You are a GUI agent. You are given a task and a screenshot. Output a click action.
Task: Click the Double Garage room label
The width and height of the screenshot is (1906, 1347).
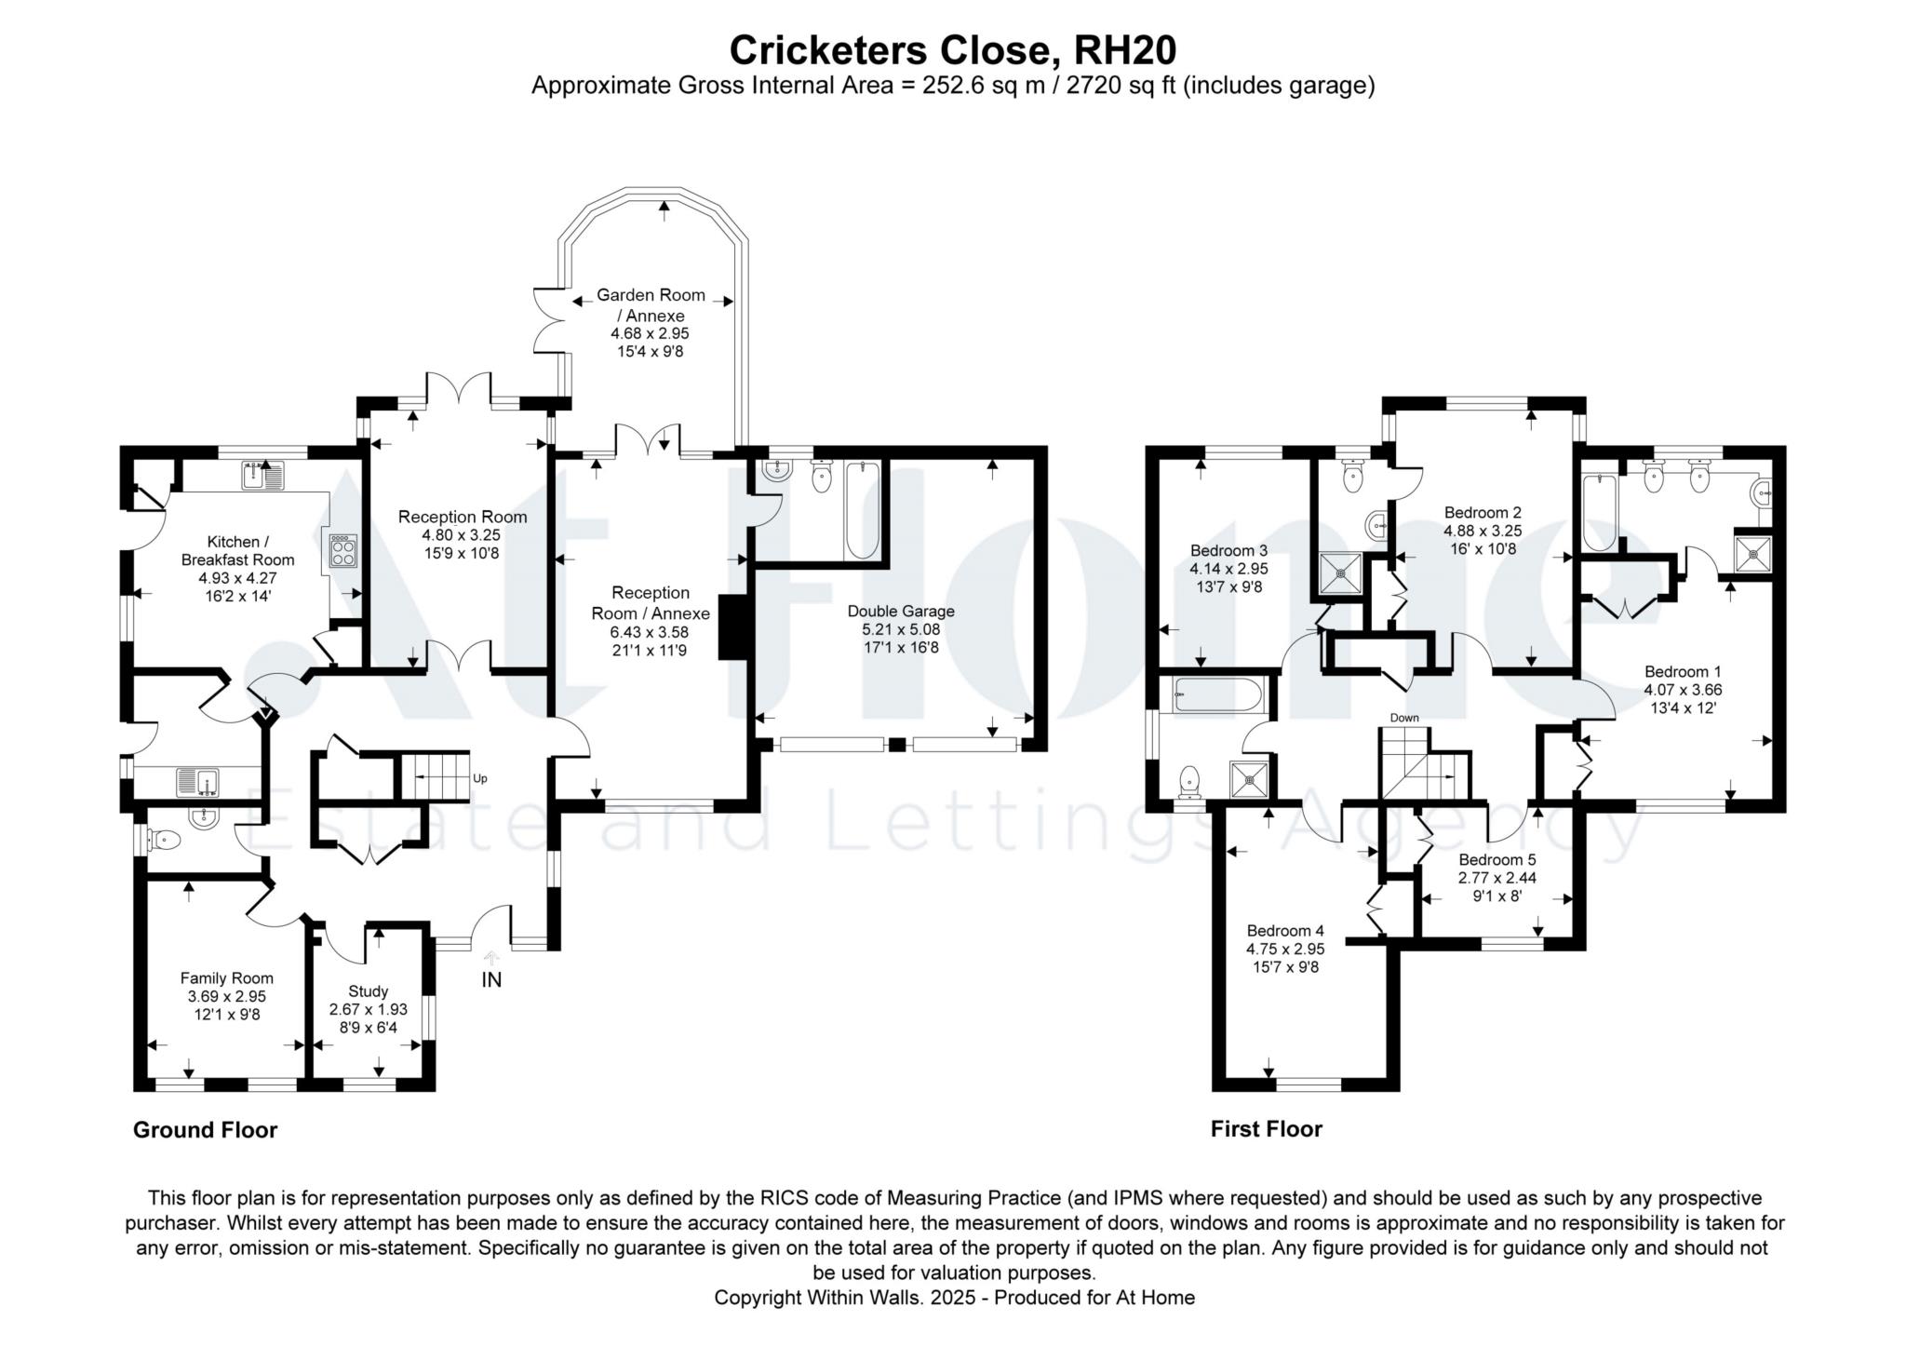[x=900, y=612]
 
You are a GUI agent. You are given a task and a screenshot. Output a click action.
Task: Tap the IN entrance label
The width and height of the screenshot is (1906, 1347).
[x=491, y=979]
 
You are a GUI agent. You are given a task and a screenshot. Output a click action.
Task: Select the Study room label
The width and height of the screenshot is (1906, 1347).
[x=368, y=990]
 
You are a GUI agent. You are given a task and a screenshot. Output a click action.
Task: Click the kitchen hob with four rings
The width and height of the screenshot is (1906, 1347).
[x=342, y=549]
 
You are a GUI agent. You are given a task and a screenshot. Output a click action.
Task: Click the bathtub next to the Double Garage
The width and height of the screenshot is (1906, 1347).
[x=863, y=511]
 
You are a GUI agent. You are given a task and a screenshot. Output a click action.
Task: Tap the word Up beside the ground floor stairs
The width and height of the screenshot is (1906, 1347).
[x=480, y=778]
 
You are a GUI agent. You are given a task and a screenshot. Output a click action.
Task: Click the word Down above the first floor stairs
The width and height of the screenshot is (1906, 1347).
[x=1404, y=718]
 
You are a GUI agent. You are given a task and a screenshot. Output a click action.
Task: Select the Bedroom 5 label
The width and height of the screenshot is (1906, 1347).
[x=1497, y=859]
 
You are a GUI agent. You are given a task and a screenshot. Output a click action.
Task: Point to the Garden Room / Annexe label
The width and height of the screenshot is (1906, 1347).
[x=651, y=304]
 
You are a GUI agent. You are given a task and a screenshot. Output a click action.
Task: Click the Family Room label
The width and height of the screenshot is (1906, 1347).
[x=226, y=977]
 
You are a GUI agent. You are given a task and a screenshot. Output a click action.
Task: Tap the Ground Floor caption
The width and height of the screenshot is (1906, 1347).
[x=205, y=1130]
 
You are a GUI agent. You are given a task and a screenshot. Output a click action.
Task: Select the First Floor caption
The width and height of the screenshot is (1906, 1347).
[x=1266, y=1129]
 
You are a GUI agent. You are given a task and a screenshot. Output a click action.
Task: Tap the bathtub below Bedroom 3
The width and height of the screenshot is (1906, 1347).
[x=1217, y=694]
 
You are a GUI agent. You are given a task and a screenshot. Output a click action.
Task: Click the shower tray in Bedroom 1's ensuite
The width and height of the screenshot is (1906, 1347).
[x=1753, y=554]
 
